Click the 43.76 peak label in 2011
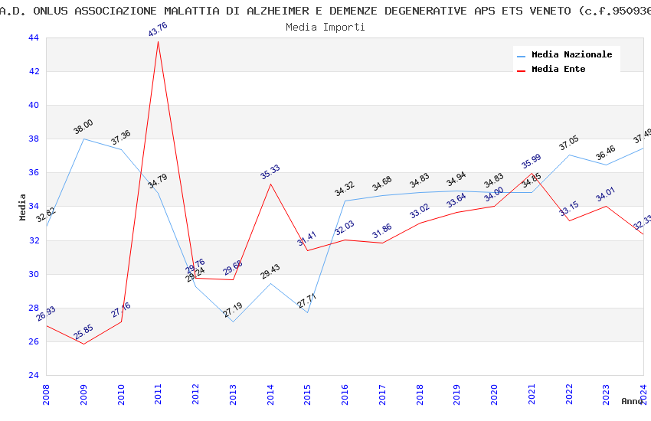pos(158,29)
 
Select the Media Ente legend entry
pos(558,70)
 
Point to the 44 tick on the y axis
pos(33,38)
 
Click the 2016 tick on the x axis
pos(345,393)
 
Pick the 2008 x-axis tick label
pos(46,393)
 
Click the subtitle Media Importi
pos(325,28)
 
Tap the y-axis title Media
pos(23,207)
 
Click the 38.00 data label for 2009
pos(83,127)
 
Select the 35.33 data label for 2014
pos(270,171)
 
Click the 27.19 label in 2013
pos(233,310)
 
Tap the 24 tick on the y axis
pos(33,376)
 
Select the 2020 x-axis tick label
pos(494,393)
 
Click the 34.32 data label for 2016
pos(345,188)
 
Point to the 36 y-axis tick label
pos(33,173)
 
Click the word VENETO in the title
pos(550,11)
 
